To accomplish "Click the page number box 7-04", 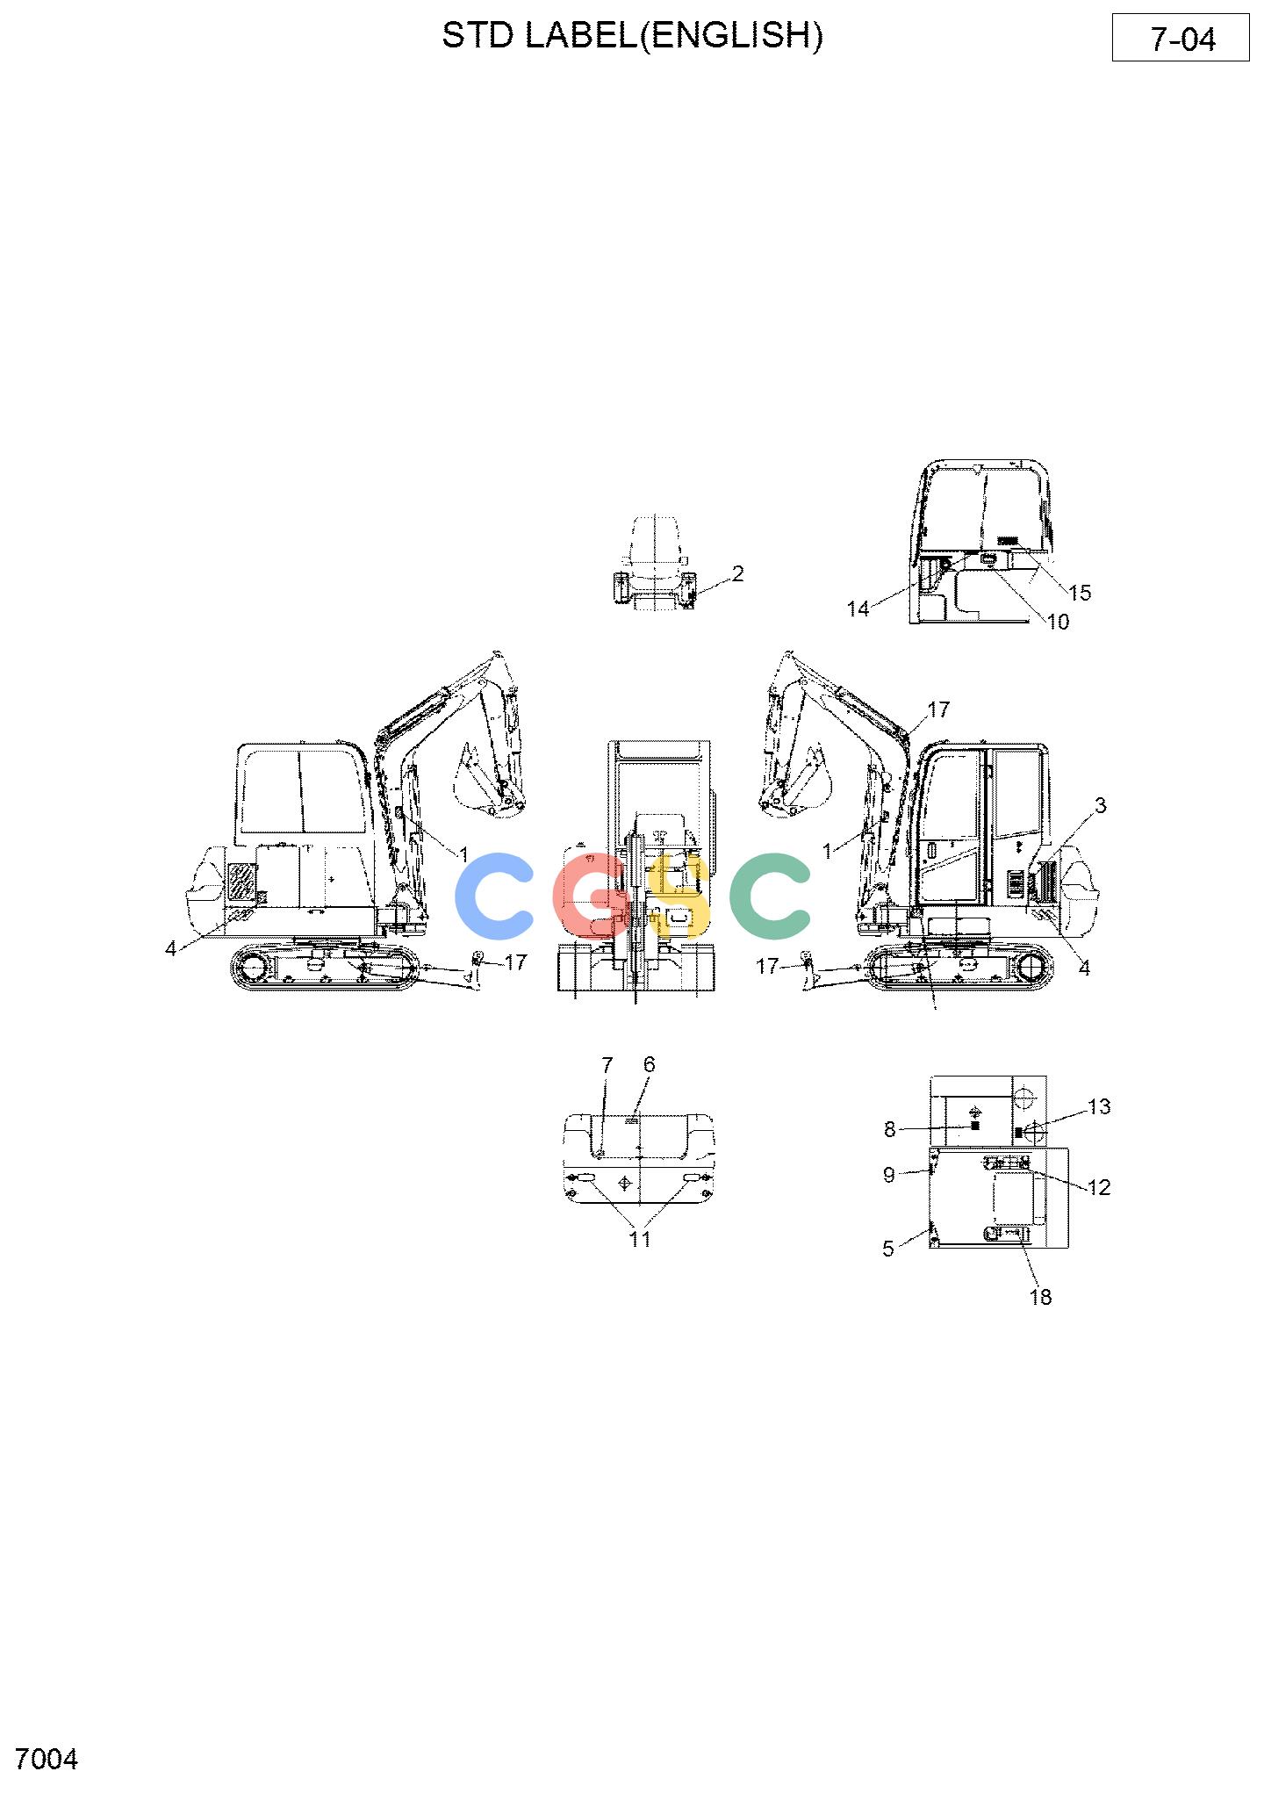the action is pos(1181,38).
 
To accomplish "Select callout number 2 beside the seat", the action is pos(737,573).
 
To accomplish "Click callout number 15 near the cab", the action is pos(1080,593).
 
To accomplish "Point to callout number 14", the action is pos(858,608).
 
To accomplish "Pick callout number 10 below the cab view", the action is pos(1059,622).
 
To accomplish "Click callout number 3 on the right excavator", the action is pos(1100,805).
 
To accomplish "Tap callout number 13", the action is pos(1099,1107).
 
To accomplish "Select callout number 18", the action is pos(1040,1297).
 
